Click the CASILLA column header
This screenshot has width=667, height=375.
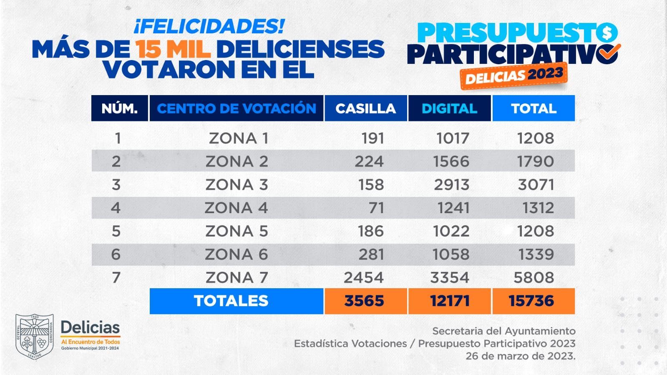[365, 108]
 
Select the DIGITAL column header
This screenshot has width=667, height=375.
[449, 108]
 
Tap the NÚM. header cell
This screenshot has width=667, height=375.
[119, 108]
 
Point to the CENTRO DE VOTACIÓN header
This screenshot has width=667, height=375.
[237, 108]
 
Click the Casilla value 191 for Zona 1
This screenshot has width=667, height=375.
[373, 138]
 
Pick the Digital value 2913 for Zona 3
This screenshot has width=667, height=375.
[451, 184]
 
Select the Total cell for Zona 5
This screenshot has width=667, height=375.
[536, 231]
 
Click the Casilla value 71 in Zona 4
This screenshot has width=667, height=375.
[376, 208]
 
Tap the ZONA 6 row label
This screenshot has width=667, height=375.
[237, 254]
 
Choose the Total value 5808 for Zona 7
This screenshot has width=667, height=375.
[534, 277]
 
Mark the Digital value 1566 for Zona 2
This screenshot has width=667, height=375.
[451, 161]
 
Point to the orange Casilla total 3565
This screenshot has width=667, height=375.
[365, 301]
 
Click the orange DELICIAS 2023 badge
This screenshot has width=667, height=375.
[513, 76]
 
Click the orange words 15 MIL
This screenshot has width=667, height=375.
[173, 49]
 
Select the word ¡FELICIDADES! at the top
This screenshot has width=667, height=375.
[209, 26]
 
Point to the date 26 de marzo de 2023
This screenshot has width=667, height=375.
[520, 356]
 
